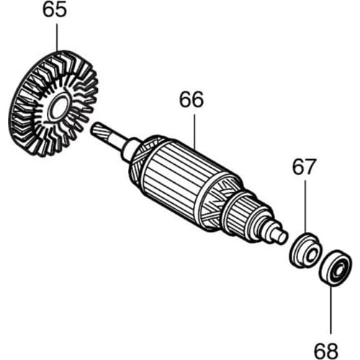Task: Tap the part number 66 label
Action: [192, 100]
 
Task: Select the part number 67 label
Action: [303, 168]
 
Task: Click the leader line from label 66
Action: [192, 133]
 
